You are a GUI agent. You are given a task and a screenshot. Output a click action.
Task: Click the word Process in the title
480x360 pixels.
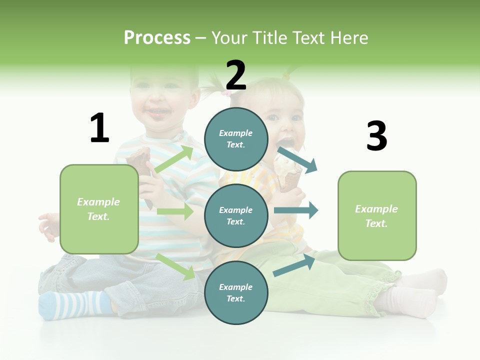pyautogui.click(x=157, y=37)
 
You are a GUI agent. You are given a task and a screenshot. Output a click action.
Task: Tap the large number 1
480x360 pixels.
pyautogui.click(x=99, y=128)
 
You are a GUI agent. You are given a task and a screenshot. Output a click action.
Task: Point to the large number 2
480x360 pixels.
pyautogui.click(x=235, y=75)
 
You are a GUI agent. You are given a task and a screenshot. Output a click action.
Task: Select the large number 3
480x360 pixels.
pyautogui.click(x=376, y=136)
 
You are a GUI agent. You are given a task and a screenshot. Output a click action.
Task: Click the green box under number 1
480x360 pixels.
pyautogui.click(x=99, y=209)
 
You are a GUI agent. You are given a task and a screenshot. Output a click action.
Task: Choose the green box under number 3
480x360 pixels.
pyautogui.click(x=377, y=216)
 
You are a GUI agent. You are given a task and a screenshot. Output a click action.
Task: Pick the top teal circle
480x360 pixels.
pyautogui.click(x=236, y=139)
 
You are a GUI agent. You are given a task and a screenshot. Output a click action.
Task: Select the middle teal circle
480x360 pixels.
pyautogui.click(x=236, y=215)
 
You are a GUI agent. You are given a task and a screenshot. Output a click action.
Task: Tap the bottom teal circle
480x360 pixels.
pyautogui.click(x=236, y=292)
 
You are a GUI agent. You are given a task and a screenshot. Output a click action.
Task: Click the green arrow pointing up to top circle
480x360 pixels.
pyautogui.click(x=174, y=159)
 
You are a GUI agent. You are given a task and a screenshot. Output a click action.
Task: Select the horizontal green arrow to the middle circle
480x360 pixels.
pyautogui.click(x=175, y=211)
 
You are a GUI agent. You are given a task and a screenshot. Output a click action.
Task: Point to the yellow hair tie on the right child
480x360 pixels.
pyautogui.click(x=286, y=76)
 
